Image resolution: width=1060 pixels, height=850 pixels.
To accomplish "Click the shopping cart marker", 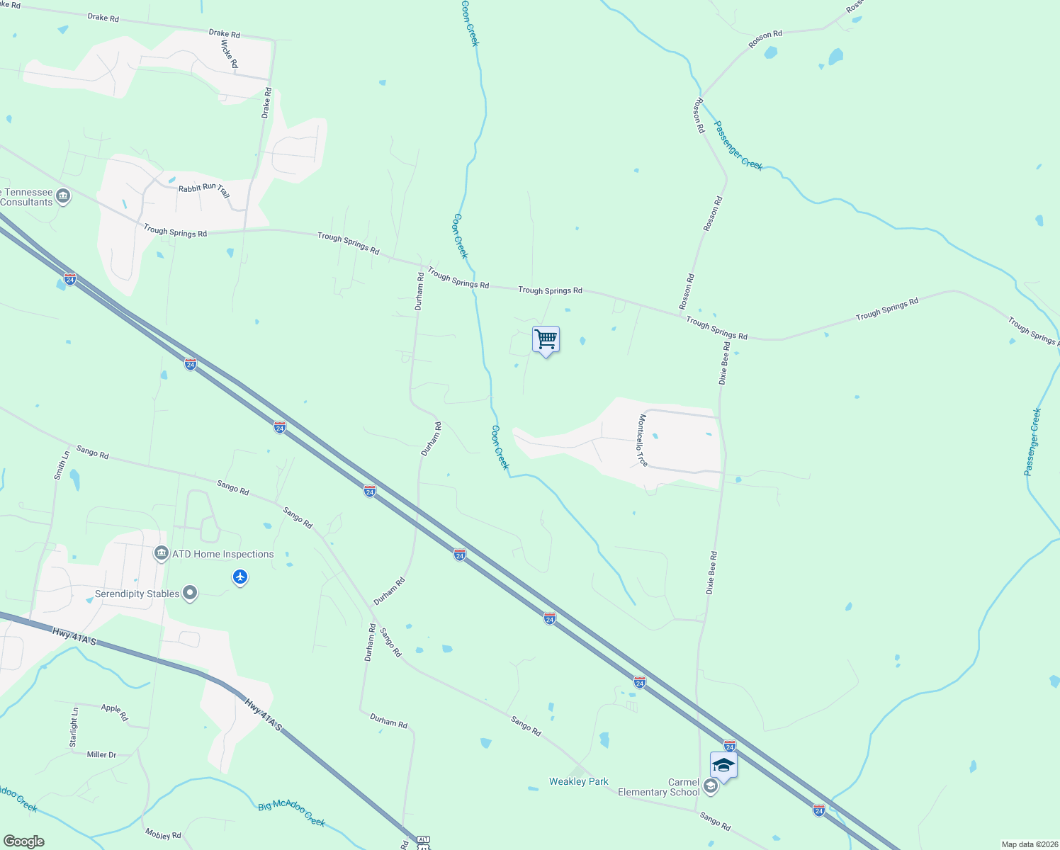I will [546, 340].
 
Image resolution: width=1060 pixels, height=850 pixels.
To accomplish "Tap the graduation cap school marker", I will [723, 766].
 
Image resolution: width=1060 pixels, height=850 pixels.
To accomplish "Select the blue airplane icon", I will [240, 577].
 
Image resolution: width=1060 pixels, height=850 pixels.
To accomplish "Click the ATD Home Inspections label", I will [222, 555].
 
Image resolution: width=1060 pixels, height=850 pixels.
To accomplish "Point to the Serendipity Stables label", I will [137, 594].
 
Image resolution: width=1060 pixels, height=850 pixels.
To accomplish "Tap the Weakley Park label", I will [578, 781].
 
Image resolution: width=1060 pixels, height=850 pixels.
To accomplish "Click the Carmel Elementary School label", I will [658, 787].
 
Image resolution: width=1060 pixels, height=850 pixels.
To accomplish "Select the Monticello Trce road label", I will [643, 441].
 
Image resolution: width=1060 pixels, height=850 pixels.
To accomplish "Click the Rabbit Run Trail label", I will [204, 190].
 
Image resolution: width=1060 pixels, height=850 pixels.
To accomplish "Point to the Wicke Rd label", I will [229, 54].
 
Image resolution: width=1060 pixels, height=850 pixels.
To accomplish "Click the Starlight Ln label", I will [74, 727].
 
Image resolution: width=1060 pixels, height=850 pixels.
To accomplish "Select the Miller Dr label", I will [101, 755].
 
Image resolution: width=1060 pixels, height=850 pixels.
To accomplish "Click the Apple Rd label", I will [114, 711].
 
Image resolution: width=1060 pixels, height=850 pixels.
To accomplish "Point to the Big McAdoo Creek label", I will [291, 813].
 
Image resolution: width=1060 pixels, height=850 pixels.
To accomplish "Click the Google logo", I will [24, 841].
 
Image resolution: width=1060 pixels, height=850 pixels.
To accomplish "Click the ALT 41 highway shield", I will [422, 842].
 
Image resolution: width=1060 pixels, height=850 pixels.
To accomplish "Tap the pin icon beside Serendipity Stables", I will [189, 593].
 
